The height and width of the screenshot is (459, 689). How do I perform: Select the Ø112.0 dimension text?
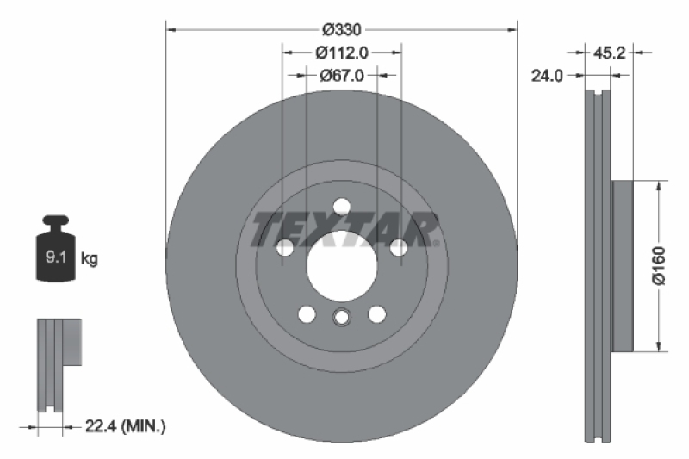(x=342, y=52)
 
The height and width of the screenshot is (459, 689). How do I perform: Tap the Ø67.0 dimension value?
(x=342, y=75)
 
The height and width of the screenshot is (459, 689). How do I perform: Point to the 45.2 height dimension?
(x=610, y=53)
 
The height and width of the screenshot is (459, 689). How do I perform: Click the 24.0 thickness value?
(x=548, y=75)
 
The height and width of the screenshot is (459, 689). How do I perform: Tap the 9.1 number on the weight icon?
(x=52, y=257)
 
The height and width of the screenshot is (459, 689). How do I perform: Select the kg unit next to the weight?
(x=88, y=257)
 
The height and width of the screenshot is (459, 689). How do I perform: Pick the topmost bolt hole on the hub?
(x=342, y=206)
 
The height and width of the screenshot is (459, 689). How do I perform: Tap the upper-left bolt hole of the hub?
(x=285, y=248)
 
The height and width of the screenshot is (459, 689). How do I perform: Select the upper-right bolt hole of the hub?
(x=399, y=248)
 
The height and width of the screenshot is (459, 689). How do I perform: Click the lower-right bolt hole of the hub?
(x=377, y=314)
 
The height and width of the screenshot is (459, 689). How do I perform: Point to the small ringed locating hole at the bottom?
(x=342, y=318)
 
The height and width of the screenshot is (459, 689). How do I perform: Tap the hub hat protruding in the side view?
(x=622, y=266)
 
